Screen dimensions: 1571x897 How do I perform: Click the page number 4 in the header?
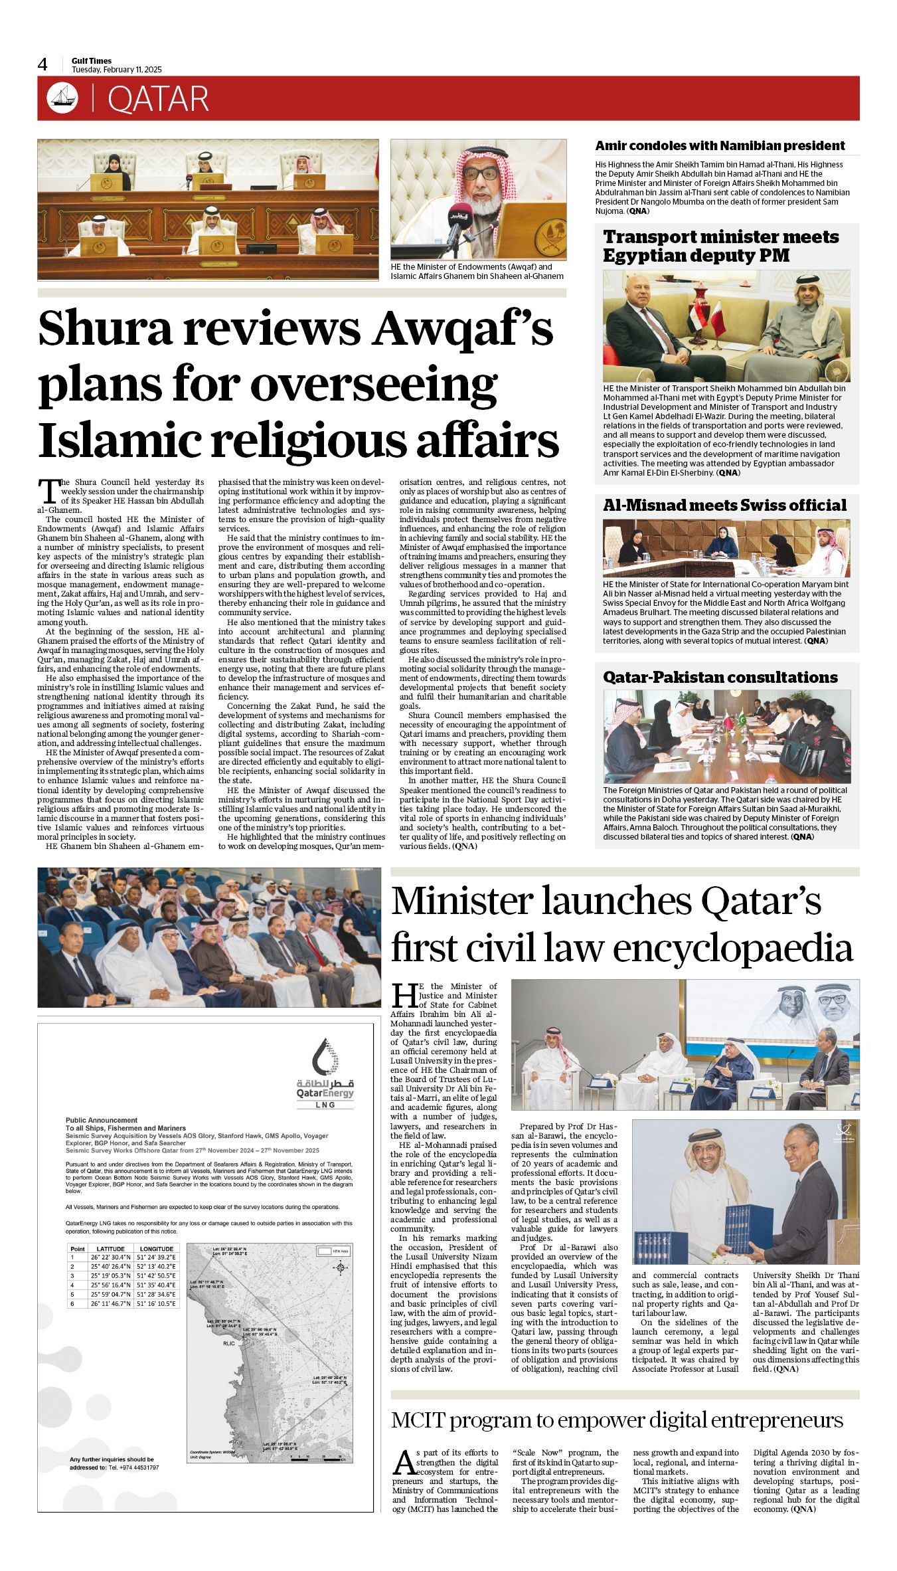pyautogui.click(x=43, y=64)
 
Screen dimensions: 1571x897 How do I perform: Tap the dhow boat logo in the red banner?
pyautogui.click(x=62, y=98)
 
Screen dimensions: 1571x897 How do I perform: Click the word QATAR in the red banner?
pyautogui.click(x=158, y=100)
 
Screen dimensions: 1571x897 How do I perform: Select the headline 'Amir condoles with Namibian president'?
pyautogui.click(x=720, y=145)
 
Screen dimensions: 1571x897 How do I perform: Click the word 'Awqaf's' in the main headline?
pyautogui.click(x=462, y=328)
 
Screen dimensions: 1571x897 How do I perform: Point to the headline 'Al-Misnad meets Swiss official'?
pyautogui.click(x=724, y=505)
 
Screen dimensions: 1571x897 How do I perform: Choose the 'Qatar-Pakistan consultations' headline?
pyautogui.click(x=720, y=677)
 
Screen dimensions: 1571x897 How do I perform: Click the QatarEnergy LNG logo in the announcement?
pyautogui.click(x=325, y=1074)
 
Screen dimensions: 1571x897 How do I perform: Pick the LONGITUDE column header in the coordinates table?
pyautogui.click(x=157, y=1248)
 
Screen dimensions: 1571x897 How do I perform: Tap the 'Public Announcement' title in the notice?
pyautogui.click(x=102, y=1120)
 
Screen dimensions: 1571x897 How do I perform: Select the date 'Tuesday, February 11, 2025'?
pyautogui.click(x=117, y=70)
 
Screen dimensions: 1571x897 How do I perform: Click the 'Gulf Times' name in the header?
pyautogui.click(x=92, y=61)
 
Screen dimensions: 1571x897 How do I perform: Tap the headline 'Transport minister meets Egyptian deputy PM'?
pyautogui.click(x=721, y=246)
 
